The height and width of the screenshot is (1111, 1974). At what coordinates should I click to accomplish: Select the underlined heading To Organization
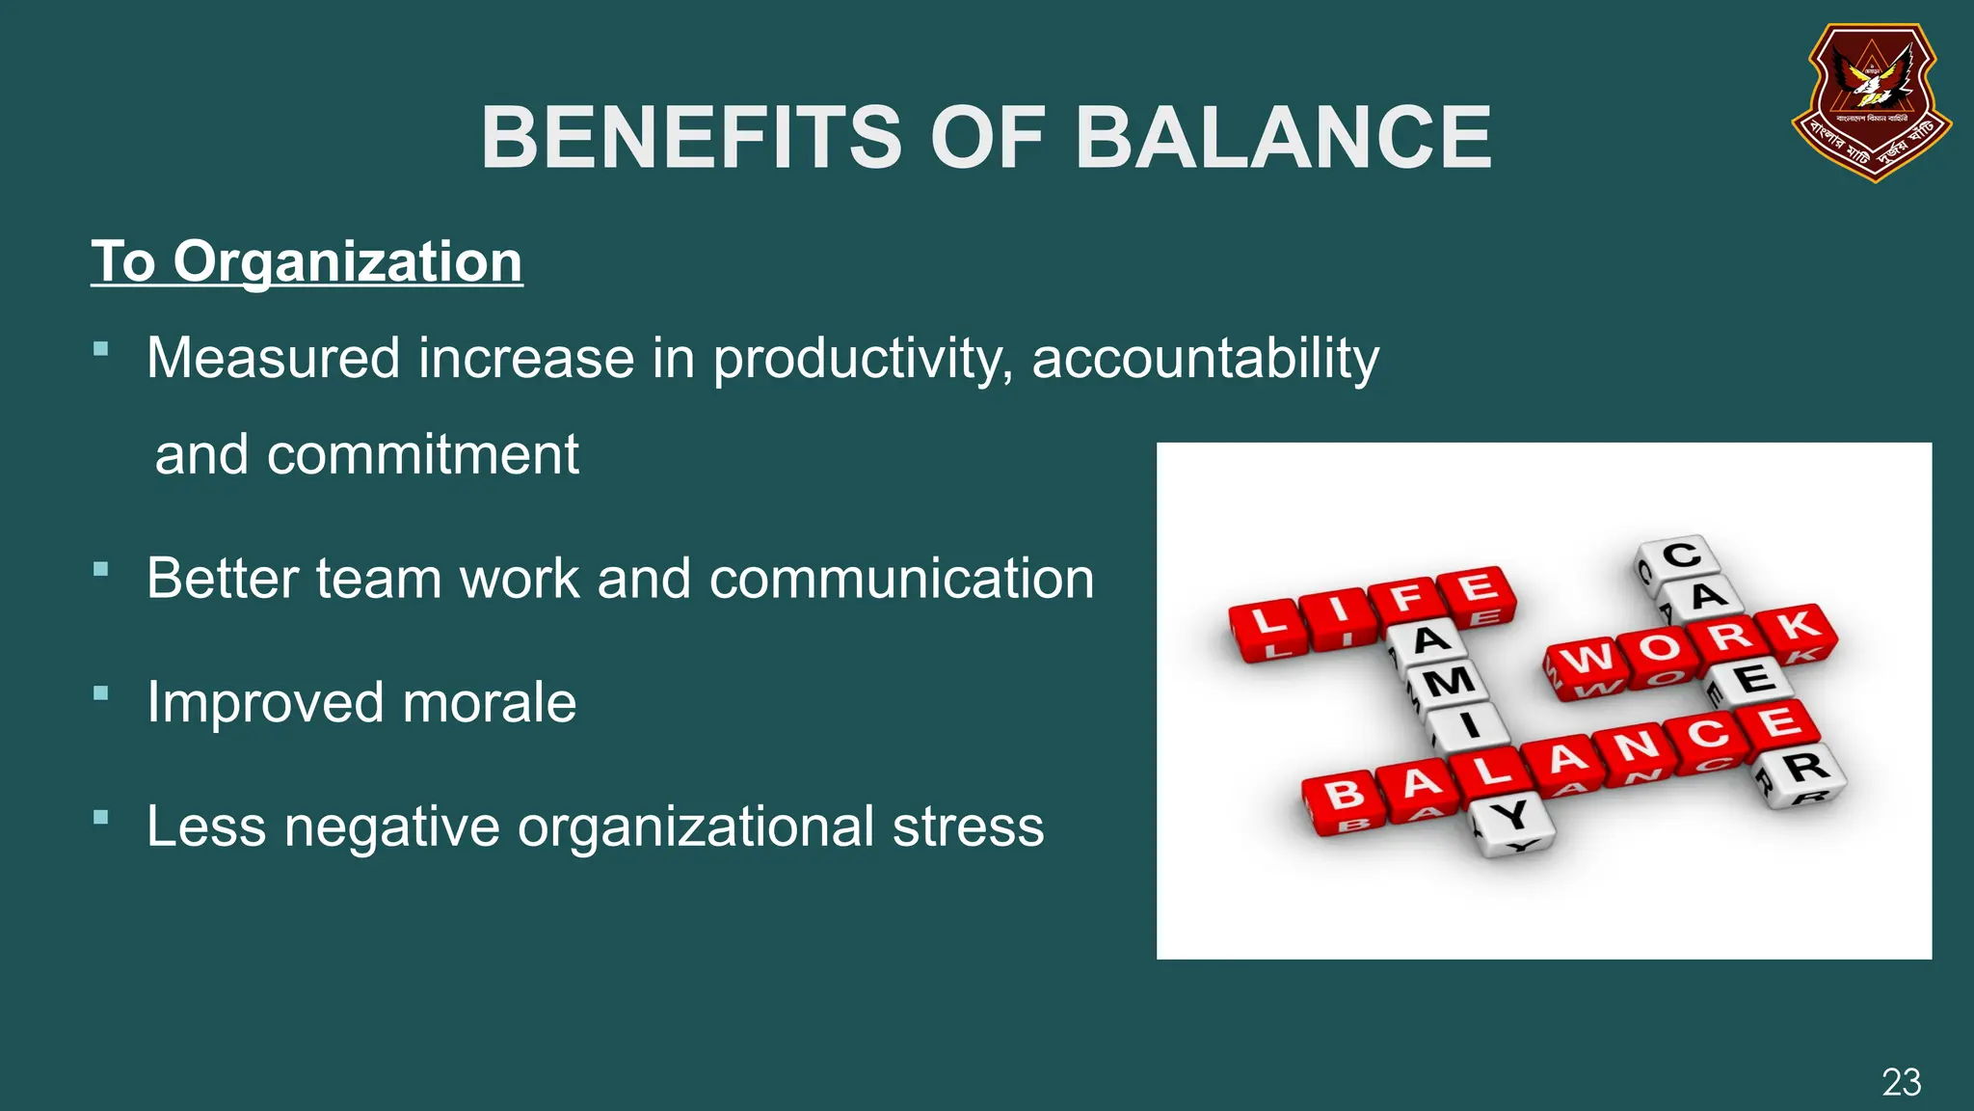pyautogui.click(x=307, y=261)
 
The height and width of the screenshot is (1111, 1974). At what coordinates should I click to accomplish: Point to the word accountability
pyautogui.click(x=1205, y=359)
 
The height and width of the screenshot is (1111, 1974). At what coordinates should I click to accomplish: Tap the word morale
pyautogui.click(x=490, y=702)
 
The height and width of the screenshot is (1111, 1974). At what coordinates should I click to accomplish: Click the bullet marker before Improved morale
pyautogui.click(x=101, y=693)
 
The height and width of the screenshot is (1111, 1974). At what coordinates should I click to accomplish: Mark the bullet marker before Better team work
pyautogui.click(x=101, y=569)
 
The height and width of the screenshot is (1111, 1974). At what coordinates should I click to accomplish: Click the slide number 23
pyautogui.click(x=1901, y=1082)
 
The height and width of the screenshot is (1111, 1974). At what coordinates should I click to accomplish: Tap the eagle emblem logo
pyautogui.click(x=1872, y=101)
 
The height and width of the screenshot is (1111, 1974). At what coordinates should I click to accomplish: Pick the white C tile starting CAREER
pyautogui.click(x=1681, y=558)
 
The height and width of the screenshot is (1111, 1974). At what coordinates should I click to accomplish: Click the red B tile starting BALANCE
pyautogui.click(x=1344, y=799)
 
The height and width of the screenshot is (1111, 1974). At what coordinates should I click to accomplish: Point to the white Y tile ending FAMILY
pyautogui.click(x=1511, y=820)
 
